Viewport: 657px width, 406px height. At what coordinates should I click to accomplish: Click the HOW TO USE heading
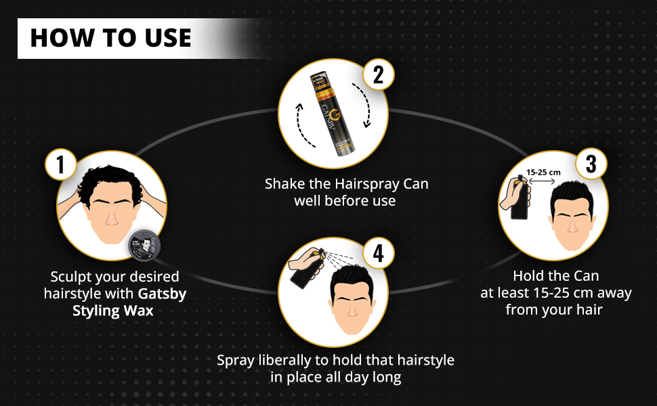point(110,38)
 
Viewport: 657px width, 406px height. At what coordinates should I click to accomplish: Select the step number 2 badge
point(379,75)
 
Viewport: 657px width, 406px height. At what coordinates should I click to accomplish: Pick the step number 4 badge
point(379,254)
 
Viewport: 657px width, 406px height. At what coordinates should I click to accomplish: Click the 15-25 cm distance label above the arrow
point(545,172)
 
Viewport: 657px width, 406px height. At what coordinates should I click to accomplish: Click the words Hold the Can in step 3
point(556,276)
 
